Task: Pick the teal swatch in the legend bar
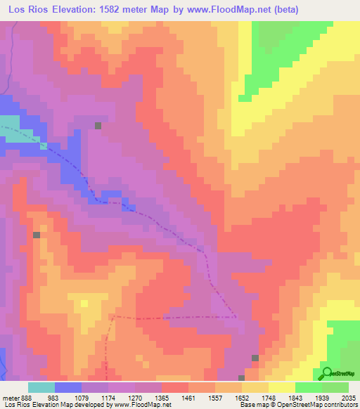click(41, 387)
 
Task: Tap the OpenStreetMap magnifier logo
click(327, 372)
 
